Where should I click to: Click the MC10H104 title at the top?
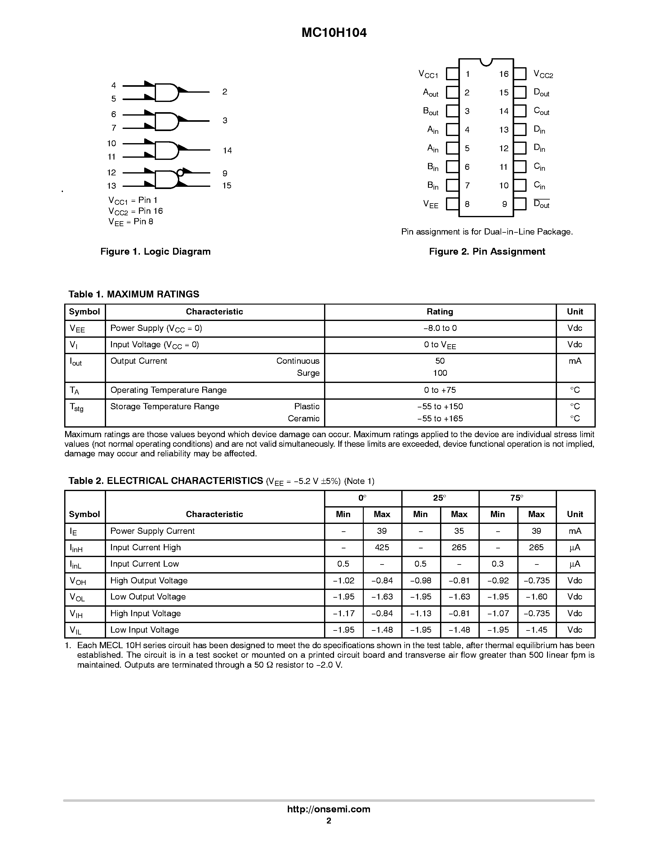[x=334, y=33]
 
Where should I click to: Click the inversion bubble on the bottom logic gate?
[x=180, y=173]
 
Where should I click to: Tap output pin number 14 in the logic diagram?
[x=227, y=151]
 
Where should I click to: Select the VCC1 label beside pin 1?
[x=428, y=74]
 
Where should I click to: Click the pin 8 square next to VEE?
[x=452, y=204]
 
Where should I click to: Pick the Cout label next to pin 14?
[x=541, y=112]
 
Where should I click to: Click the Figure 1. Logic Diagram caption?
[x=155, y=252]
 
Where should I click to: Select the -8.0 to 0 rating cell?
[x=440, y=328]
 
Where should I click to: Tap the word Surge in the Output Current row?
[x=308, y=373]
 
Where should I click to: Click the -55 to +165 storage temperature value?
[x=440, y=419]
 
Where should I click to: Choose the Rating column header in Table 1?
[x=440, y=312]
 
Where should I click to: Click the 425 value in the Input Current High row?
[x=382, y=547]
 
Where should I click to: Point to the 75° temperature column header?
[x=517, y=498]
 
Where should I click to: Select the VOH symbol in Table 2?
[x=78, y=581]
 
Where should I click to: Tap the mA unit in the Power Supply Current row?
[x=575, y=531]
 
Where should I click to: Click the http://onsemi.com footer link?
[x=329, y=809]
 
